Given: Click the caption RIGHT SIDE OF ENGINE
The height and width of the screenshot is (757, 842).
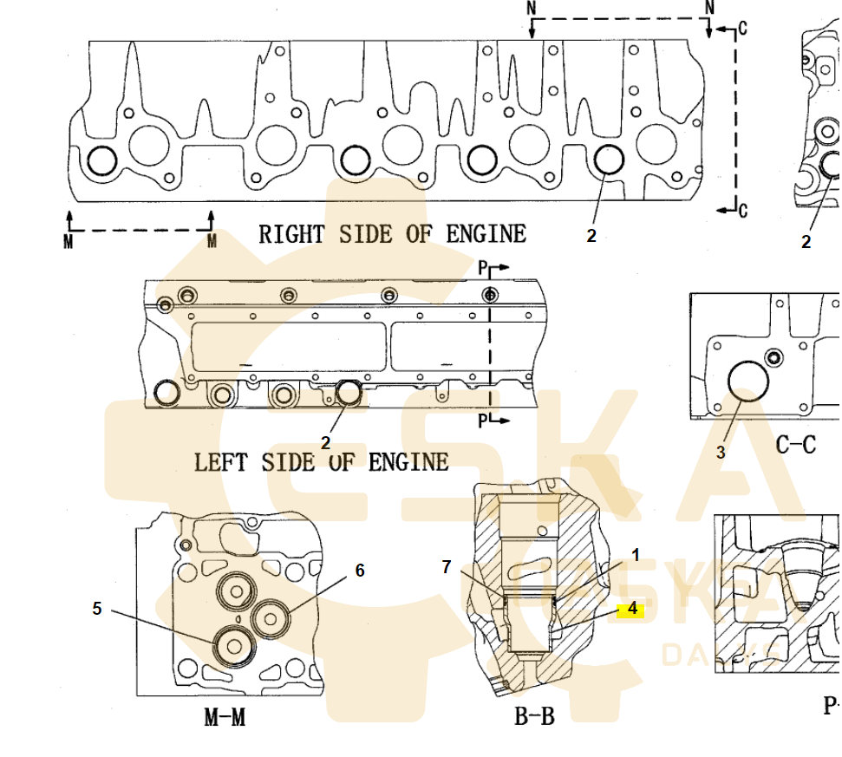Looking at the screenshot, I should [x=392, y=234].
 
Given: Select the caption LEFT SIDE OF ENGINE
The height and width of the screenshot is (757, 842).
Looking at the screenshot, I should [x=321, y=461].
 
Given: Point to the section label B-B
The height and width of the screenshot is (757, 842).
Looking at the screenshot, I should [x=534, y=716].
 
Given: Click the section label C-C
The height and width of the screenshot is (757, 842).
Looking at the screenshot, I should [x=795, y=446].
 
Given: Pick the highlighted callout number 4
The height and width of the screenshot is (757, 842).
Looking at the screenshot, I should [x=632, y=610].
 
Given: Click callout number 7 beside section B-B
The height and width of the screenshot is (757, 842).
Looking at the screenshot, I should [x=447, y=567].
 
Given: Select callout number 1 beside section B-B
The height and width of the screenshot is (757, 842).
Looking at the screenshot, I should [x=635, y=555].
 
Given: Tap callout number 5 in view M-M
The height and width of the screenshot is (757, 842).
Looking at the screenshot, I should [x=97, y=610].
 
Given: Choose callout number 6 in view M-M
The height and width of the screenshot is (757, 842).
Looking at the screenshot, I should [x=360, y=571].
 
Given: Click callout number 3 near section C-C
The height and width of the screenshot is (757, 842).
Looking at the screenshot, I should [x=721, y=452].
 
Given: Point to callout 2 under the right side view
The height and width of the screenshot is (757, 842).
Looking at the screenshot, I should [x=591, y=235].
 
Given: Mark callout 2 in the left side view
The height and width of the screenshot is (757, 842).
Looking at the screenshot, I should [x=325, y=443].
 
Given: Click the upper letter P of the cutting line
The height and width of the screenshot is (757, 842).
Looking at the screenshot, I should [x=483, y=269].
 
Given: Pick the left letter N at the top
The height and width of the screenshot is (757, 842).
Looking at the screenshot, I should [x=532, y=8].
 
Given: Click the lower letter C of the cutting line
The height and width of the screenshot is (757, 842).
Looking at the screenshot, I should [x=742, y=210].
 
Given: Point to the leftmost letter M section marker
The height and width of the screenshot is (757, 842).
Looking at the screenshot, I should [x=69, y=242].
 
